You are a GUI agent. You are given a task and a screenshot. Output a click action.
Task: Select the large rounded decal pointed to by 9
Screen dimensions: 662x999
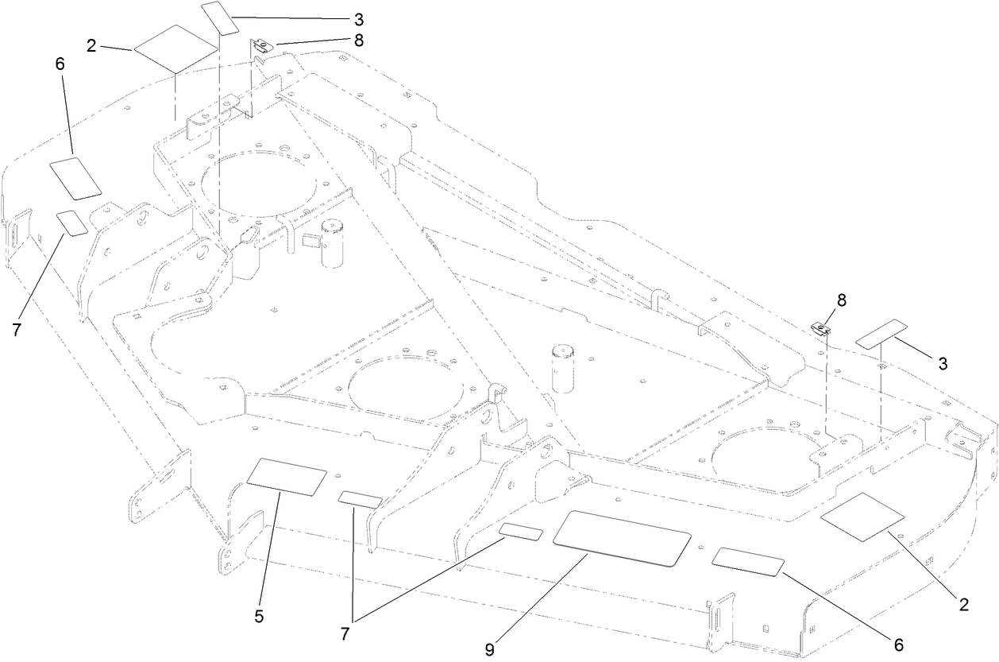click(621, 539)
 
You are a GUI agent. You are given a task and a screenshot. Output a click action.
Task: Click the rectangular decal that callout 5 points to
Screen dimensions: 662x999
click(287, 477)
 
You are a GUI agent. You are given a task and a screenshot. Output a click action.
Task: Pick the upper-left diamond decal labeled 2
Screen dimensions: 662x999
click(176, 49)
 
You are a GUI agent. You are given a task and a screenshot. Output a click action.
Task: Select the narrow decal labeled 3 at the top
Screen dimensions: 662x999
click(220, 17)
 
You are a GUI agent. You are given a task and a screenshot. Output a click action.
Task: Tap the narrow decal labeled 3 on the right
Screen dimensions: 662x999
click(881, 333)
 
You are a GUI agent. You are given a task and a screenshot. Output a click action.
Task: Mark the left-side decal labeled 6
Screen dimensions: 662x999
click(76, 177)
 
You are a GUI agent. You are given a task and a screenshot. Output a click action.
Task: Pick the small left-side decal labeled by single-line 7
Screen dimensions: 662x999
click(72, 223)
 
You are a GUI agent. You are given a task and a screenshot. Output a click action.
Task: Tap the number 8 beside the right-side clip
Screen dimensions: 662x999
click(841, 301)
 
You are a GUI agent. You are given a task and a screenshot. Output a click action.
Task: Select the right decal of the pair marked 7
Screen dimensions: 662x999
click(521, 532)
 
